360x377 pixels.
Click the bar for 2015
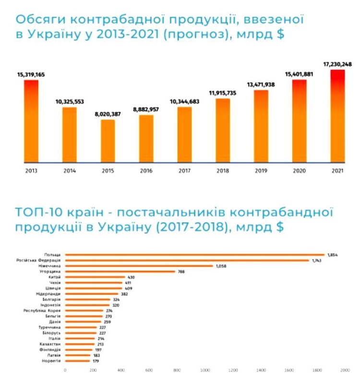click(x=108, y=141)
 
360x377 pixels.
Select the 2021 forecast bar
click(x=337, y=116)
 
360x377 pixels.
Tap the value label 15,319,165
click(x=31, y=74)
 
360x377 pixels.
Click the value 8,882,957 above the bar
click(x=146, y=109)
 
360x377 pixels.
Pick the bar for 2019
click(x=261, y=126)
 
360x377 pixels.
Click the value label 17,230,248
click(x=337, y=64)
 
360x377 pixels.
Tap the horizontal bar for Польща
click(x=194, y=255)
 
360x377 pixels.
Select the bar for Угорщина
click(x=120, y=271)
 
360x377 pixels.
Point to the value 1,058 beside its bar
click(x=221, y=266)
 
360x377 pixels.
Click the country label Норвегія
click(x=50, y=361)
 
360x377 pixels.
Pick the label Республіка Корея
click(x=42, y=311)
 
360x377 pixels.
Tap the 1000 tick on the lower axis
click(x=205, y=370)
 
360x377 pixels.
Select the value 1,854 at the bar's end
click(x=332, y=255)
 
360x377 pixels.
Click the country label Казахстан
click(x=50, y=344)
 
